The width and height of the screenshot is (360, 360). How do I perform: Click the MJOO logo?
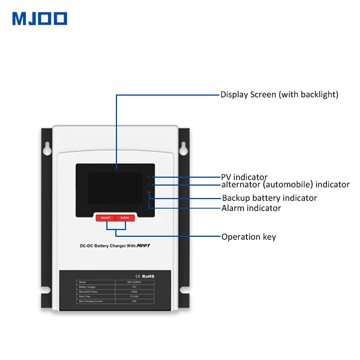(39, 19)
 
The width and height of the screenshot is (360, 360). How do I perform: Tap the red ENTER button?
(124, 218)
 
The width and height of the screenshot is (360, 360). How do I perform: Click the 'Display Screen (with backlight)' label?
(279, 94)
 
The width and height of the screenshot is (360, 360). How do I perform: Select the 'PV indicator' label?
(244, 177)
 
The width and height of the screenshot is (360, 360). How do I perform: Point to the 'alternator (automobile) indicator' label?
(285, 184)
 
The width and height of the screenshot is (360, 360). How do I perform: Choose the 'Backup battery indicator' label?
(269, 198)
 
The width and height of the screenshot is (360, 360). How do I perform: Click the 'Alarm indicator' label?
(251, 208)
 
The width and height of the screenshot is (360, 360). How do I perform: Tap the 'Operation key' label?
(249, 237)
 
